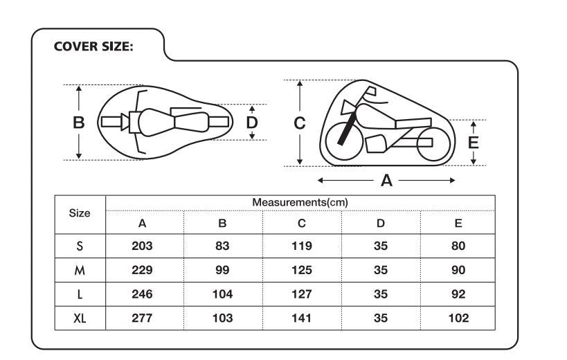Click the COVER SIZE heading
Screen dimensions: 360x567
point(93,47)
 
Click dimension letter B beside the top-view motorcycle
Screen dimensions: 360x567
point(79,123)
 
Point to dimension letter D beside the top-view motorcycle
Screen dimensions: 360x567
point(253,122)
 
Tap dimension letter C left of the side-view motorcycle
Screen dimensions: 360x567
point(299,123)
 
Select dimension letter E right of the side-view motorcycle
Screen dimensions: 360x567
point(474,143)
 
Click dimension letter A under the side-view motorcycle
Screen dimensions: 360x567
point(386,181)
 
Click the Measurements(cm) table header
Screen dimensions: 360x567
point(299,202)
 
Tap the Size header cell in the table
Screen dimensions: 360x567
point(80,213)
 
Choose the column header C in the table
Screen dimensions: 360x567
point(301,224)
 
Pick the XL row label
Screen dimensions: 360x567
point(80,318)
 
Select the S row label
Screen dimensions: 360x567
point(80,246)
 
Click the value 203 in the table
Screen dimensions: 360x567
point(143,246)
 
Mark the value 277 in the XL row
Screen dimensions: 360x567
point(143,318)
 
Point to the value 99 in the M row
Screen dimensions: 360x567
point(222,270)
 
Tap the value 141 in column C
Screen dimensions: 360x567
point(301,318)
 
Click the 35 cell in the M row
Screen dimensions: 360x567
point(380,270)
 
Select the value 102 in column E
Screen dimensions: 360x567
point(458,318)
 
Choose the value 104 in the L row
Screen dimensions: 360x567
point(222,294)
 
